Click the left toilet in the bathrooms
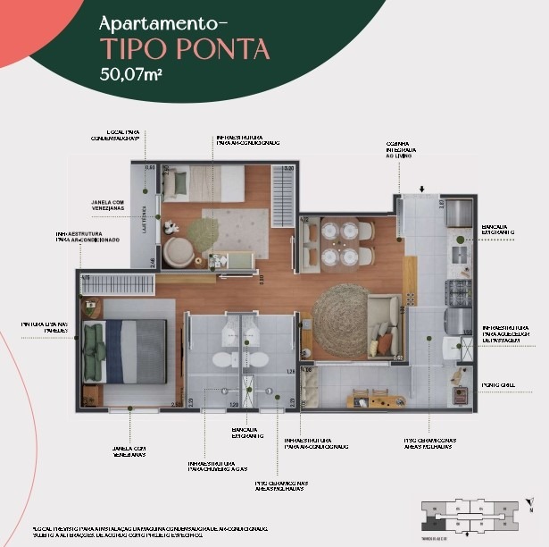pos(220,359)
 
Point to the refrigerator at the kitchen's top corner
pos(458,214)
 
